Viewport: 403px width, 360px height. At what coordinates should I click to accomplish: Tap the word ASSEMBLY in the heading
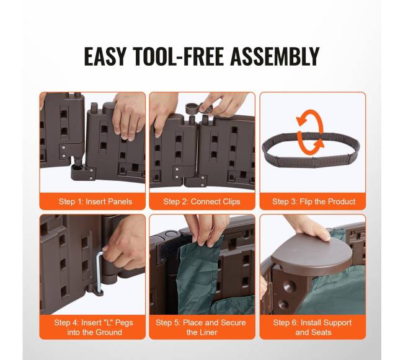(275, 56)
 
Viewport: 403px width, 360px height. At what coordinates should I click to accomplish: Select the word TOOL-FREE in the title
(179, 56)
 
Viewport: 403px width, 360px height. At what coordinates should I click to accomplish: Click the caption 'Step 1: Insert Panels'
(95, 201)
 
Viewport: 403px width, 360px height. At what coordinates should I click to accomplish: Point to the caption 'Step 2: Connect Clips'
(201, 201)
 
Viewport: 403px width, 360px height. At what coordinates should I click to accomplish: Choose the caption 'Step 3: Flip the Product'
(314, 201)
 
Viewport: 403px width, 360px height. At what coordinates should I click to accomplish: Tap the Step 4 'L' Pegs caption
(94, 327)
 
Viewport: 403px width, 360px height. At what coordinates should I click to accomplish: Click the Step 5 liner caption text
(201, 327)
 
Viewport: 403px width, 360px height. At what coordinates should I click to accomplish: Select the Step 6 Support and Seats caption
(312, 327)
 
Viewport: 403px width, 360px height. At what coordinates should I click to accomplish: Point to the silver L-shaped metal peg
(99, 272)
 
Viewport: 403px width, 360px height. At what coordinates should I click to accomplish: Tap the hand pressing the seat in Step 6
(308, 226)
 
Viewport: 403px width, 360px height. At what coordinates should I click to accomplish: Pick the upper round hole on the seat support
(290, 285)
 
